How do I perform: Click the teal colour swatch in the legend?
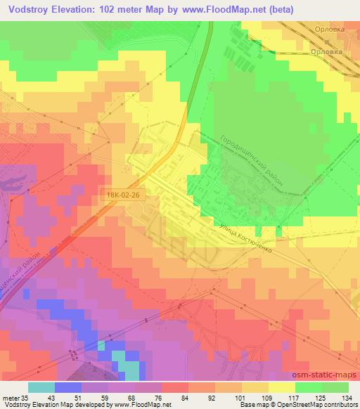click(41, 387)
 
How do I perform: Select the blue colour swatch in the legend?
click(67, 387)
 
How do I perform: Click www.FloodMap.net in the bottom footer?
click(139, 404)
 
